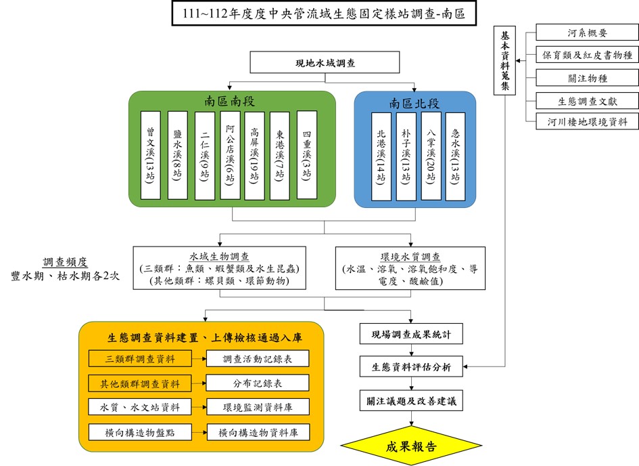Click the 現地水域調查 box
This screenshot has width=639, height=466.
(x=316, y=63)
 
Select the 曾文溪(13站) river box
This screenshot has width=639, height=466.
(x=151, y=155)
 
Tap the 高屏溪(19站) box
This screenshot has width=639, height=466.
(x=254, y=155)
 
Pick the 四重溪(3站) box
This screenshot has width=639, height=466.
(x=306, y=155)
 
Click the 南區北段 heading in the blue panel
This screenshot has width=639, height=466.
(x=414, y=103)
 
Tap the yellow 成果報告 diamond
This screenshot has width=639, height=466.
(x=410, y=446)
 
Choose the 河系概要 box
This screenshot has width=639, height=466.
(x=586, y=32)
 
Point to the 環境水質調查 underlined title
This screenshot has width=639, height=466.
(x=410, y=257)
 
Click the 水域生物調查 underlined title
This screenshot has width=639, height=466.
(x=219, y=257)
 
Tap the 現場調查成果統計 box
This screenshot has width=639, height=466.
(x=410, y=334)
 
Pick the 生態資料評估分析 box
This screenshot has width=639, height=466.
(x=410, y=367)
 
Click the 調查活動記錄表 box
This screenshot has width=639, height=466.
(x=257, y=358)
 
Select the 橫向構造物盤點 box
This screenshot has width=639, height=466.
(x=140, y=431)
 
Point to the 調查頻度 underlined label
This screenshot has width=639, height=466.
(x=65, y=263)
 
